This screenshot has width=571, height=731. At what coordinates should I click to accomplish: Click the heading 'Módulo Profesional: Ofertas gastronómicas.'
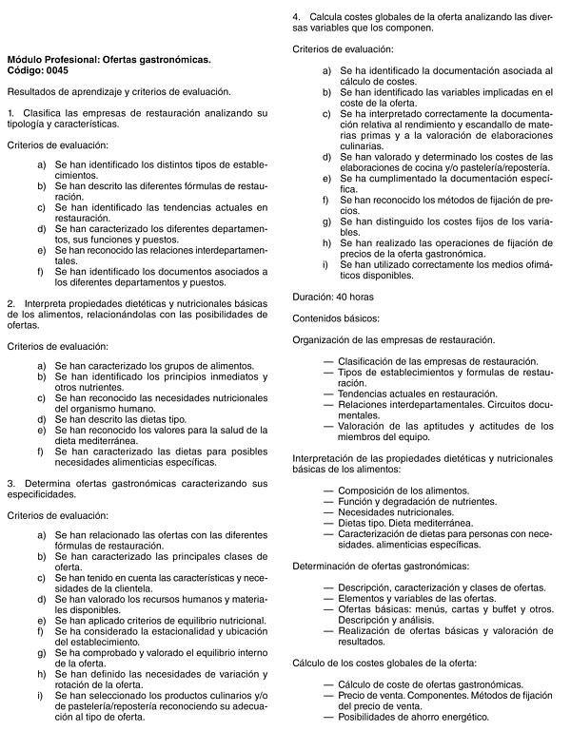coord(108,59)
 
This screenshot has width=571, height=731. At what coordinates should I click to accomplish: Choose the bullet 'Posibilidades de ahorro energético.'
coord(413,718)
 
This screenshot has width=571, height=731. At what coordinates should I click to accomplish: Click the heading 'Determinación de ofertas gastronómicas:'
coord(380,566)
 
